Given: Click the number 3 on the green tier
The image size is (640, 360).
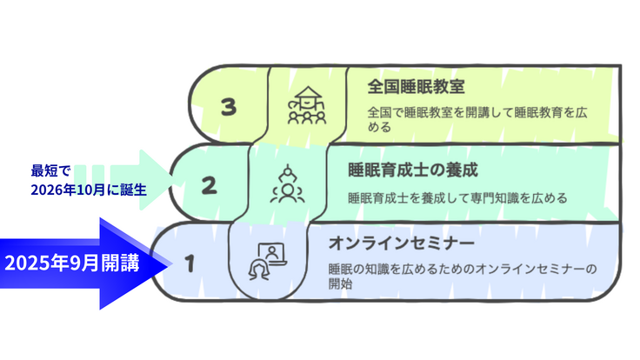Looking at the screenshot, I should pyautogui.click(x=229, y=107).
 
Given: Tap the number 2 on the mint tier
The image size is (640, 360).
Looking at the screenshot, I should pyautogui.click(x=209, y=184).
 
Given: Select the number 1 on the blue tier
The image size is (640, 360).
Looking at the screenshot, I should pyautogui.click(x=190, y=261).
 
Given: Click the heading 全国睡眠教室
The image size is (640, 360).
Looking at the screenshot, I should pyautogui.click(x=404, y=86).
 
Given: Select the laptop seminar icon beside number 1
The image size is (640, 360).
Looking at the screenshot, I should pyautogui.click(x=267, y=259).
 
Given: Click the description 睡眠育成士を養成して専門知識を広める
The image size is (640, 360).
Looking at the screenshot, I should pyautogui.click(x=457, y=197).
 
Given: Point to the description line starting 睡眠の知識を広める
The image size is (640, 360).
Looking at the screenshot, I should pyautogui.click(x=462, y=269).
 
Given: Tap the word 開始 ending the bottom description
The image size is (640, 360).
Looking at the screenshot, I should pyautogui.click(x=340, y=283).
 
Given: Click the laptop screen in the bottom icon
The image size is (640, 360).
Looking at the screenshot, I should pyautogui.click(x=273, y=253).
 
